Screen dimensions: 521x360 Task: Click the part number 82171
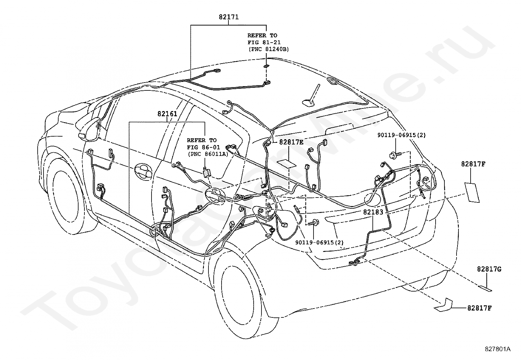point(229,17)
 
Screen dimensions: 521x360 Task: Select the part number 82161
point(167,114)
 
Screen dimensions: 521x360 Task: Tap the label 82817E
point(291,142)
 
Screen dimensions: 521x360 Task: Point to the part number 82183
point(373,212)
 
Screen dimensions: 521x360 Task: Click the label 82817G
point(489,269)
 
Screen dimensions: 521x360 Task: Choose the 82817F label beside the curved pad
point(479,308)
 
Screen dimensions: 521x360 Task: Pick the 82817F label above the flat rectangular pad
point(473,164)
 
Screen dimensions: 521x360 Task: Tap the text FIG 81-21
point(264,42)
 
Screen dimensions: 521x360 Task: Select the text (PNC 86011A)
point(208,154)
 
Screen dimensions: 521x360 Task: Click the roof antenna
point(311,96)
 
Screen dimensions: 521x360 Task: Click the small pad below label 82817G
point(485,288)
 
